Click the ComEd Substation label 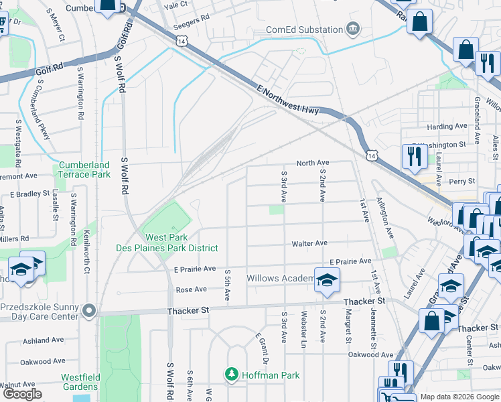click(303, 29)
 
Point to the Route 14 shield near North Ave click(371, 155)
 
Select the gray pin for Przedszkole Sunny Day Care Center click(89, 311)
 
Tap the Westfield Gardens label click(80, 382)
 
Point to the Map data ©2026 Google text click(459, 397)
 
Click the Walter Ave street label click(309, 244)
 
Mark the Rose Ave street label click(191, 289)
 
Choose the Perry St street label click(461, 181)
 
